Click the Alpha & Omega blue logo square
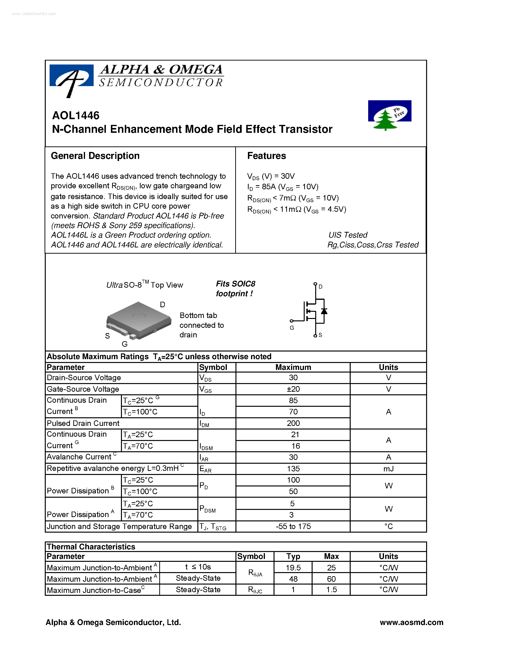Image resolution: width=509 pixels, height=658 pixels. pos(71,76)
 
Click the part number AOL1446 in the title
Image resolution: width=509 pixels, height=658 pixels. pos(76,115)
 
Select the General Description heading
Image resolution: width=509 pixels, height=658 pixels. pos(95,156)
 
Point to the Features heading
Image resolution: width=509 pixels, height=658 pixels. pos(267,156)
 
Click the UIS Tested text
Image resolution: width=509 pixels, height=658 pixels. pos(348,235)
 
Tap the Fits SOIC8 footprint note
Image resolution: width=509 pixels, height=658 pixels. pos(235,289)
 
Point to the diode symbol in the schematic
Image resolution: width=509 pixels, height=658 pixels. pos(324,311)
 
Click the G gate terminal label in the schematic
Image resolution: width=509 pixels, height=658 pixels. pos(292,328)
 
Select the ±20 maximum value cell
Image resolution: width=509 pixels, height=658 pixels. pos(293,389)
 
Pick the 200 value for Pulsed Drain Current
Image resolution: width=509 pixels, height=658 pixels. pos(293,423)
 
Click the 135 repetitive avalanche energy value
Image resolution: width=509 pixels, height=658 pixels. pos(293,469)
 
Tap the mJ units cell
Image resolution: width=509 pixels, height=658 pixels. pos(388,469)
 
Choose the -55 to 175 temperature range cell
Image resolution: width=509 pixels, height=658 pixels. pos(293,526)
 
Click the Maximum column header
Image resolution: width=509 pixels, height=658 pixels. pos(293,367)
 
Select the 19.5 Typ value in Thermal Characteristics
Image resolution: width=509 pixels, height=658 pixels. pos(293,568)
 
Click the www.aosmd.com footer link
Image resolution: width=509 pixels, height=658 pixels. pos(411,622)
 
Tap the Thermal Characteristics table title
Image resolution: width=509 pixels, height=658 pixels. pos(91,546)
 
